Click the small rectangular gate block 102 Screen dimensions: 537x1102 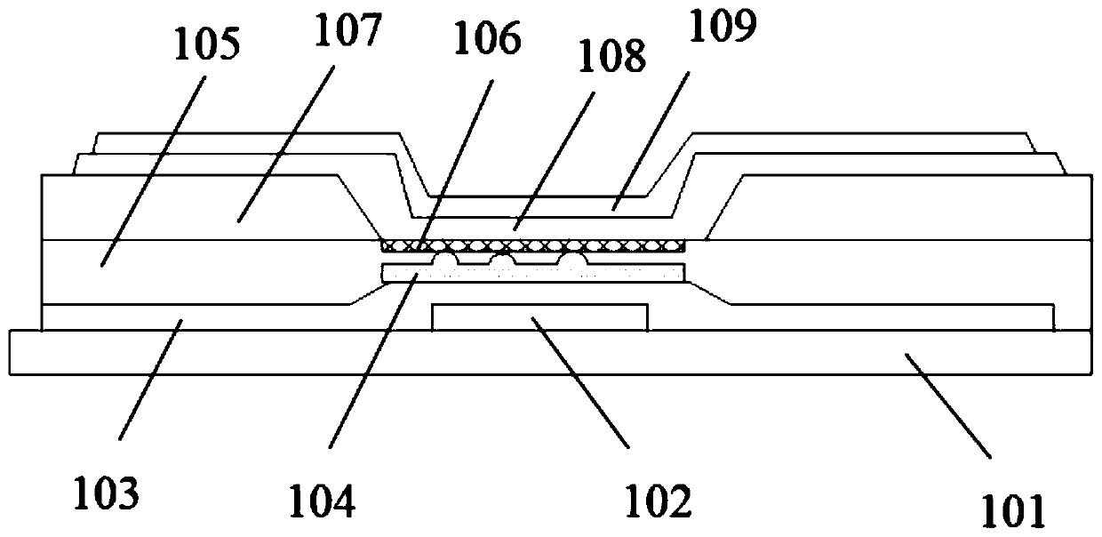pyautogui.click(x=539, y=316)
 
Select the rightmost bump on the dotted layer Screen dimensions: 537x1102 pyautogui.click(x=571, y=260)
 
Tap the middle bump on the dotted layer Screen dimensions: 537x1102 pyautogui.click(x=504, y=260)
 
